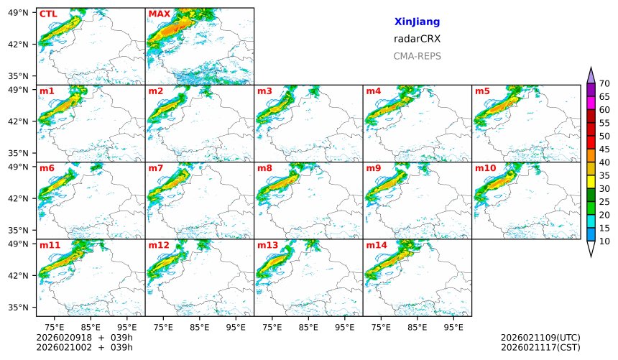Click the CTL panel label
(x=48, y=14)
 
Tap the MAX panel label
(x=159, y=14)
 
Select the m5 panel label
(x=482, y=91)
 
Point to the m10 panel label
(x=485, y=168)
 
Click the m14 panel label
(x=377, y=245)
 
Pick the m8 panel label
(x=264, y=168)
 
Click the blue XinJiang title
(x=417, y=22)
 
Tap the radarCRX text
(x=417, y=39)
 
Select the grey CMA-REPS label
(x=417, y=56)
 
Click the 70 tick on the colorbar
(x=604, y=84)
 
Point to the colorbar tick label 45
(x=604, y=149)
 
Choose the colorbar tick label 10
(x=604, y=241)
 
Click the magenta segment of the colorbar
(x=591, y=103)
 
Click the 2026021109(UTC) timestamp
(x=540, y=337)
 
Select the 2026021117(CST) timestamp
(x=540, y=347)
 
